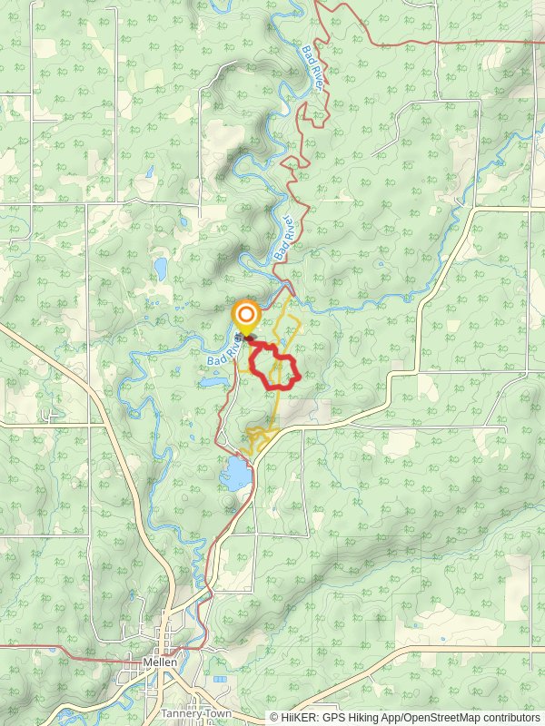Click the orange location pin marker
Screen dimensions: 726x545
click(245, 316)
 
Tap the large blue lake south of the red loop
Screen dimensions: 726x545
click(235, 473)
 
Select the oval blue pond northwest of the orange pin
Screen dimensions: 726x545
click(161, 268)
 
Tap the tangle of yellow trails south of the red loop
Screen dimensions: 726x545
click(260, 438)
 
